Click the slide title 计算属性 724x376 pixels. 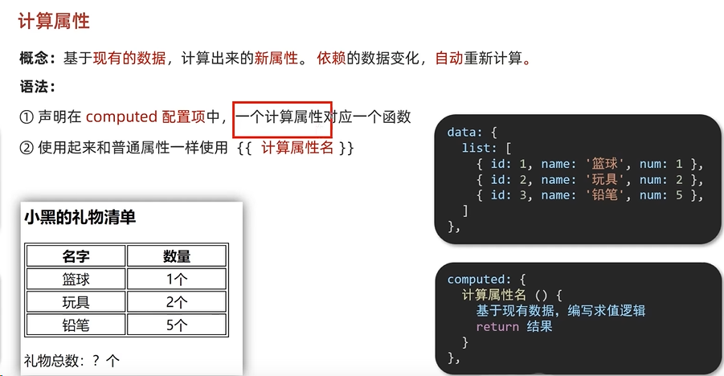tap(54, 21)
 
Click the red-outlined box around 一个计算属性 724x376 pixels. tap(282, 118)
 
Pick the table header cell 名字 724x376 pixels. tap(76, 256)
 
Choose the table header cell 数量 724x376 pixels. tap(177, 256)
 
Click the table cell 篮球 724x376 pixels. tap(76, 280)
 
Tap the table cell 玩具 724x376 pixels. tap(76, 302)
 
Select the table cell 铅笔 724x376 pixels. tap(76, 325)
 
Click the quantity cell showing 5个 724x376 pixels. tap(177, 325)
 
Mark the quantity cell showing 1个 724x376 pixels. tap(177, 280)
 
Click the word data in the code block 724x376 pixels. tap(462, 132)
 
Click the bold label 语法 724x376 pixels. tap(36, 87)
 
